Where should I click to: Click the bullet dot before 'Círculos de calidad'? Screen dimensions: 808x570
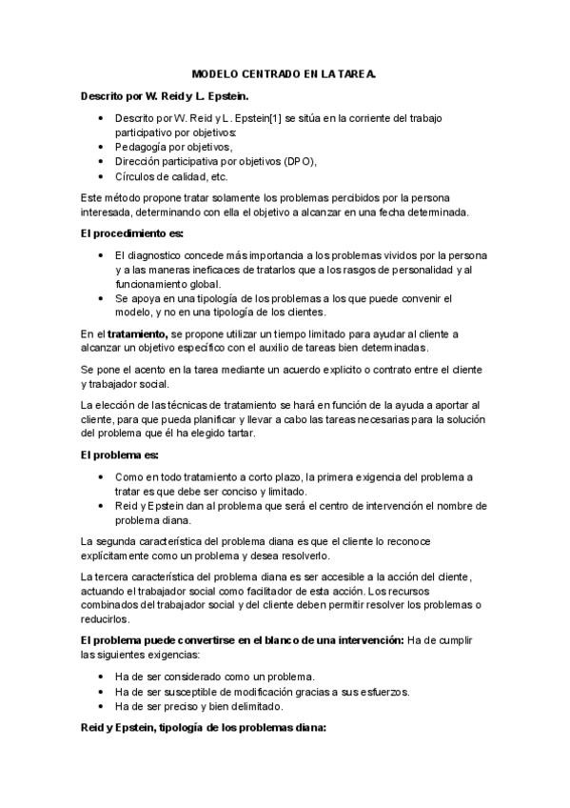click(x=102, y=177)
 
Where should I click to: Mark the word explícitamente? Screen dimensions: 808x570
click(x=121, y=556)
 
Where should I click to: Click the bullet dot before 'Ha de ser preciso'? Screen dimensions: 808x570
click(x=102, y=706)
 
